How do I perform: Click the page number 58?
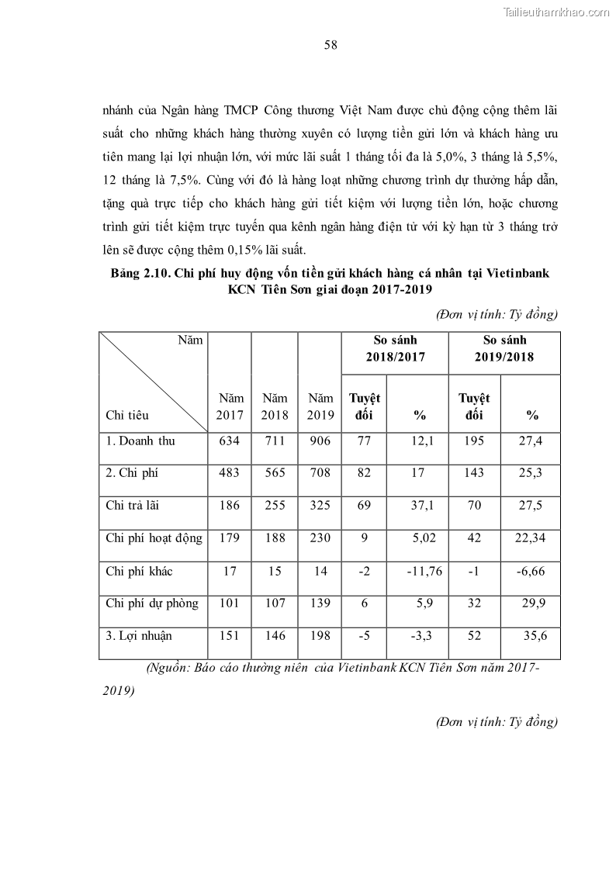[x=330, y=45]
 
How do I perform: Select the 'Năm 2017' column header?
[x=230, y=406]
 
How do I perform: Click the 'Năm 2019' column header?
[x=320, y=406]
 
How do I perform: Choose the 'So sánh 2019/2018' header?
[x=504, y=349]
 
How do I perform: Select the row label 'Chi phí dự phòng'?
[x=151, y=603]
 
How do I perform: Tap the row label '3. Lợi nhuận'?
[x=138, y=636]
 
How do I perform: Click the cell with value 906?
[x=319, y=441]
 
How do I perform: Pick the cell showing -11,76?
[x=424, y=571]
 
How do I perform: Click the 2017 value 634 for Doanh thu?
[x=229, y=441]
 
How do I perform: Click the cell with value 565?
[x=274, y=473]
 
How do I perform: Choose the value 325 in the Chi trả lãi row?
[x=319, y=506]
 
